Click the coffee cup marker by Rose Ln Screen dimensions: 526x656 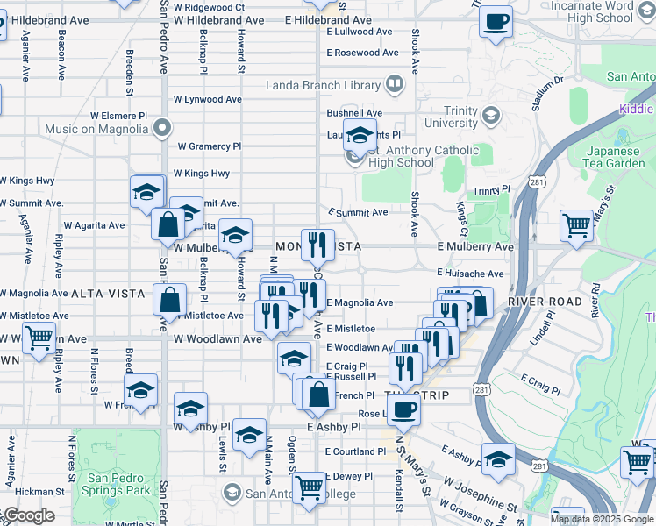coord(403,410)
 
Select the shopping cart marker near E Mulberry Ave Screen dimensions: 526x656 coord(577,226)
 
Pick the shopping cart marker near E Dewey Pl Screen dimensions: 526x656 coord(309,487)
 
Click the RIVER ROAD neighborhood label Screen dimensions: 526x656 coord(544,301)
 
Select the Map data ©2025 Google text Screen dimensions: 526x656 coord(602,519)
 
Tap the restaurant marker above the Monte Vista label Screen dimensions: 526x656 coord(314,243)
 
